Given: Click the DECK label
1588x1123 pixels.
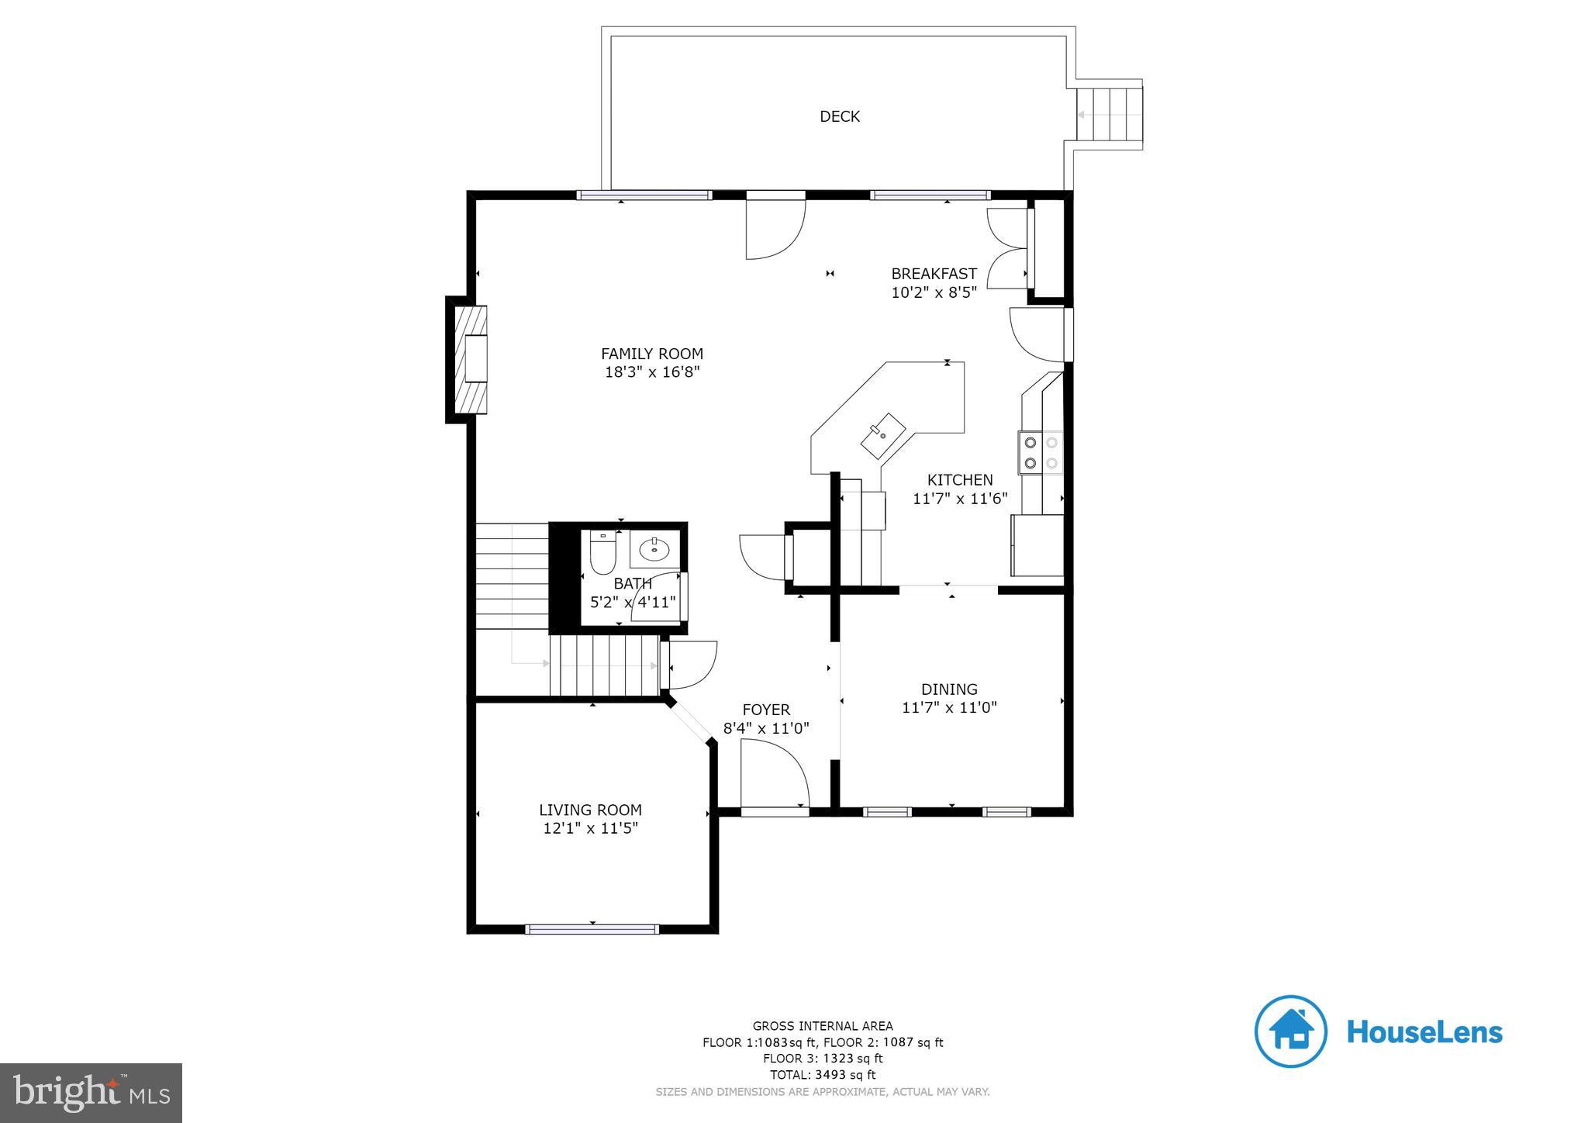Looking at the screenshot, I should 839,116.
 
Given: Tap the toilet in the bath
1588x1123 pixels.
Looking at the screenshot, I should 602,552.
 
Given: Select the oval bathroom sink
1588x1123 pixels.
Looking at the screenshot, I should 655,550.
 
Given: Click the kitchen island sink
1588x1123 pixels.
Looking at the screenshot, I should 882,435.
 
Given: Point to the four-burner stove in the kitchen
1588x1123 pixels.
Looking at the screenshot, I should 1041,453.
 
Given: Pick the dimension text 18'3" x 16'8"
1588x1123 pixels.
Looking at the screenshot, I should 652,372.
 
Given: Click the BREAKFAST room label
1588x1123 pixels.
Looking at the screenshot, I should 934,274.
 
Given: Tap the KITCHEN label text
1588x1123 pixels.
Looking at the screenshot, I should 959,480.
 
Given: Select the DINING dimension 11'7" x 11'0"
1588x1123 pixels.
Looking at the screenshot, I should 949,707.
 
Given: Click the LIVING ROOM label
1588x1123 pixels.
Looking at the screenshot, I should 590,810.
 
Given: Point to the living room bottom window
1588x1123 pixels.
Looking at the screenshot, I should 592,928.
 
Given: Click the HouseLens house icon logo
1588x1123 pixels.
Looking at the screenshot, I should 1290,1031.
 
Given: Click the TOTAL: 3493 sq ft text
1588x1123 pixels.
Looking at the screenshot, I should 822,1075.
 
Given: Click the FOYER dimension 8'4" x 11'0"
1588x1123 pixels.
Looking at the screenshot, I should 766,728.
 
